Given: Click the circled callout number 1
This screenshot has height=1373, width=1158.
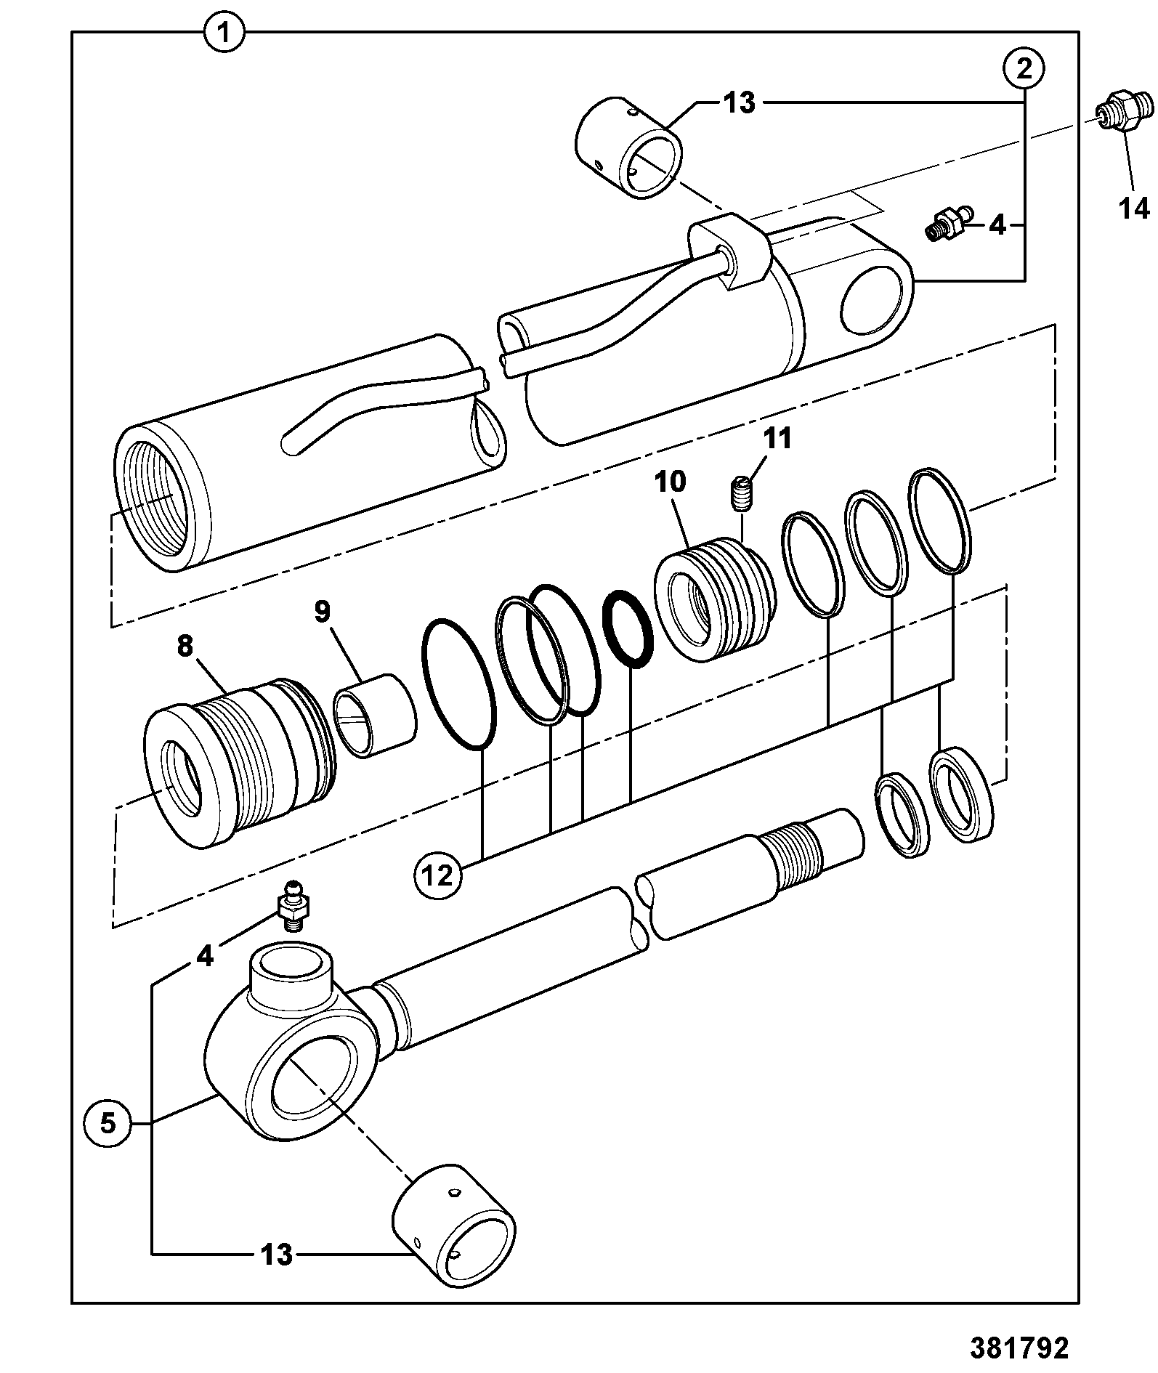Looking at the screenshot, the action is click(x=224, y=33).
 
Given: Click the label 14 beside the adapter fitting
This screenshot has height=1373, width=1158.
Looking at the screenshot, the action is click(x=1134, y=208).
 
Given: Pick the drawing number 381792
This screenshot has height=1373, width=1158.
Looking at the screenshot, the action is click(x=1019, y=1348).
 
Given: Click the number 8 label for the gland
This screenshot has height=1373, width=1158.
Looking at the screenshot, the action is click(x=185, y=645).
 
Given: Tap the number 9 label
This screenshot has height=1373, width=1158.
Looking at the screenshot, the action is click(x=323, y=612).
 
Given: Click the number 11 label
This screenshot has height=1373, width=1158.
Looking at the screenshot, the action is click(x=778, y=439).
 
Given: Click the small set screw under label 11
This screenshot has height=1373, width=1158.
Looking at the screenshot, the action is click(x=740, y=493).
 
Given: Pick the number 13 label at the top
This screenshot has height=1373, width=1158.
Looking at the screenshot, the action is click(x=740, y=103).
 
